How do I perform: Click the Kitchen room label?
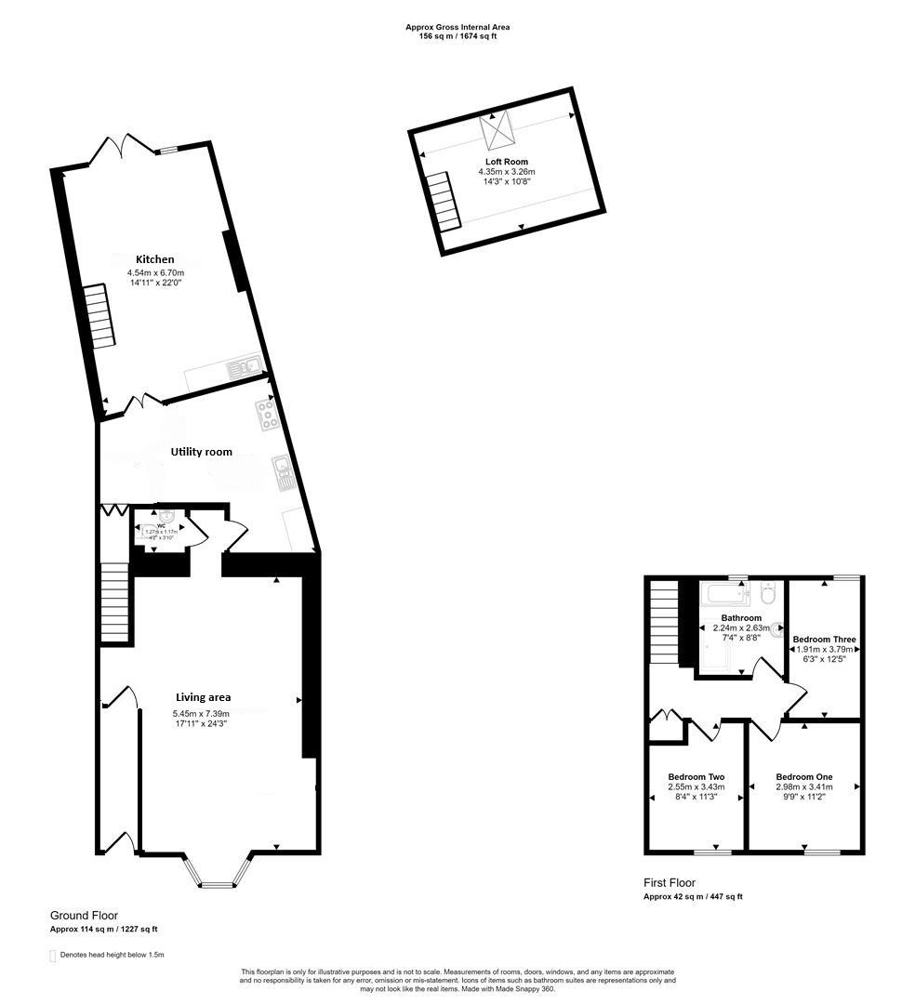(155, 259)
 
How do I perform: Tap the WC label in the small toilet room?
(161, 525)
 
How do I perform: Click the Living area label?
(204, 697)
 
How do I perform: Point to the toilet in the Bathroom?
(767, 593)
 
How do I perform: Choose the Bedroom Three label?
(824, 640)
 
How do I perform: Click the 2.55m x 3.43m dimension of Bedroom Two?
(696, 787)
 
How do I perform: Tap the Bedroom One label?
(804, 777)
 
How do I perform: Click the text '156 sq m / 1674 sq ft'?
(457, 38)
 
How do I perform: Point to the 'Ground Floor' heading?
(84, 916)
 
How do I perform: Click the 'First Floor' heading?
(670, 883)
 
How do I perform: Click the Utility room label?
(201, 452)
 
